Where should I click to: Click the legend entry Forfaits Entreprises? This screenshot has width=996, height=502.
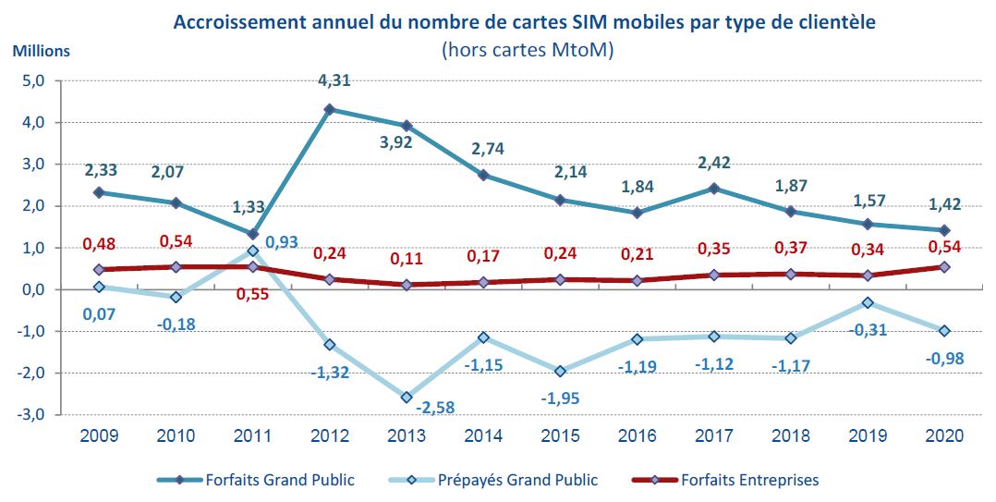[748, 480]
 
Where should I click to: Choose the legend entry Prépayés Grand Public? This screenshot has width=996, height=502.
[529, 480]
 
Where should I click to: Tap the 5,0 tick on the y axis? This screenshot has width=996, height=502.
[33, 81]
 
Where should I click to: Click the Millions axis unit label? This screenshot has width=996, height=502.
[41, 51]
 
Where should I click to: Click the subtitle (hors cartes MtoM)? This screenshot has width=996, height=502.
[528, 49]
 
